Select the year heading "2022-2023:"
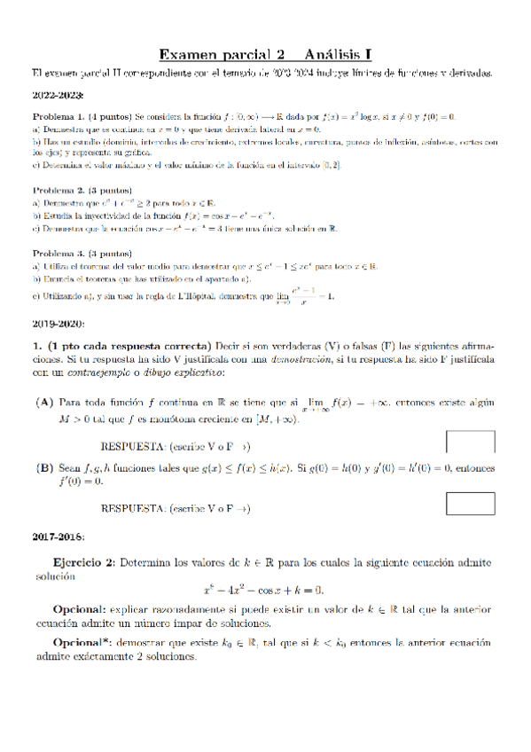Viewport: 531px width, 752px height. (59, 96)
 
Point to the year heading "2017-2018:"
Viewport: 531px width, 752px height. (59, 537)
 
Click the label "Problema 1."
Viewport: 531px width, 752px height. (59, 116)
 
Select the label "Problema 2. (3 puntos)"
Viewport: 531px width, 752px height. (82, 190)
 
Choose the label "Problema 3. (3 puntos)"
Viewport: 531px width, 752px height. (82, 253)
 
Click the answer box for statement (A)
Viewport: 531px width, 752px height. (470, 442)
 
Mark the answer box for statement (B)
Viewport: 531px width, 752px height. (470, 503)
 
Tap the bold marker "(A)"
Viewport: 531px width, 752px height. (43, 402)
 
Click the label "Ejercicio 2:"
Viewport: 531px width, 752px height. (84, 561)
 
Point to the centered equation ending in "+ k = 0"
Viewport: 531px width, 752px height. (263, 589)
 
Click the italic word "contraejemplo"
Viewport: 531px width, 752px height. (96, 372)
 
